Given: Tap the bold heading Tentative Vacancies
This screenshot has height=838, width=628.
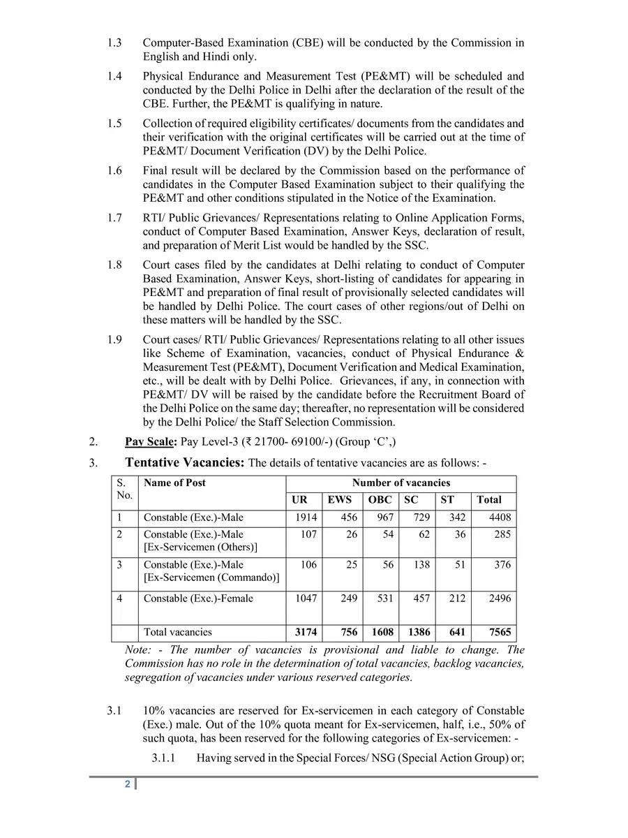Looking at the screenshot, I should tap(184, 462).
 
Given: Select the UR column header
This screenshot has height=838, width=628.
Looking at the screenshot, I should tap(299, 500).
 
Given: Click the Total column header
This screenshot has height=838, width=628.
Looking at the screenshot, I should tap(488, 500).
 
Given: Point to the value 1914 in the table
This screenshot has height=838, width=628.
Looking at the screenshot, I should tap(306, 517).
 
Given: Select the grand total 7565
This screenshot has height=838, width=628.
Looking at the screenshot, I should tap(499, 632).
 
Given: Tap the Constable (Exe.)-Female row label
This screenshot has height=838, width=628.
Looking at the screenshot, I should tap(198, 598).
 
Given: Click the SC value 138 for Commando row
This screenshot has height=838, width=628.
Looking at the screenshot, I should tap(421, 564).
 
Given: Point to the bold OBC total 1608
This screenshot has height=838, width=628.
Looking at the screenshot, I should tap(381, 632).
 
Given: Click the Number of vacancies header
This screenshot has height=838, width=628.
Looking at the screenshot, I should tap(401, 483).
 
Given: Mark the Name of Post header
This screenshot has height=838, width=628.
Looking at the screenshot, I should tap(174, 483).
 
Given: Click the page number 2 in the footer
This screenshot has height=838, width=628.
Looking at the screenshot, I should tap(128, 784).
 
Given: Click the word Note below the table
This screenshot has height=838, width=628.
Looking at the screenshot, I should tap(137, 649).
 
